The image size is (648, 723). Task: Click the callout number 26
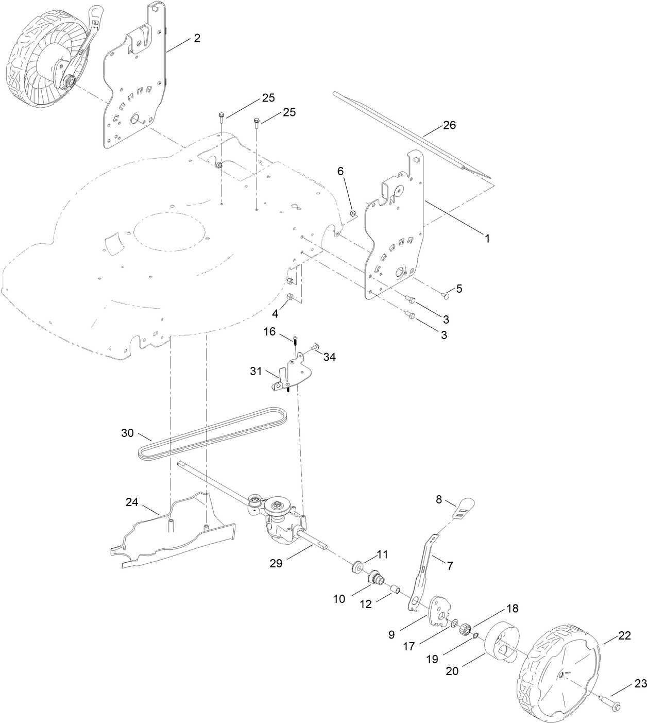[x=449, y=125]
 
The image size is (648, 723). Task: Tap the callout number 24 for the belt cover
[x=132, y=502]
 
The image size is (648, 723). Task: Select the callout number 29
[x=276, y=563]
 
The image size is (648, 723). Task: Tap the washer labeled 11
[x=355, y=567]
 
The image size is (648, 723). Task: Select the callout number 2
[x=197, y=38]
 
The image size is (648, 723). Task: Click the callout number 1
[x=486, y=239]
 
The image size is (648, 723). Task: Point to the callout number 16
[x=270, y=331]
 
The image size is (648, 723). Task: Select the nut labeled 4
[x=290, y=297]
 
